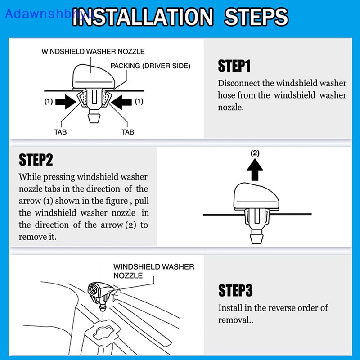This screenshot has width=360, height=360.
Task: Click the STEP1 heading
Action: (234, 66)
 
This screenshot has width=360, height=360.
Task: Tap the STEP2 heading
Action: (36, 160)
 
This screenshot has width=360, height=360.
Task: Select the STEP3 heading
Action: (235, 290)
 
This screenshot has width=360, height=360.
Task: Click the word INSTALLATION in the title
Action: (143, 17)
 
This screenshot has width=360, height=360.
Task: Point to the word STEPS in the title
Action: (256, 17)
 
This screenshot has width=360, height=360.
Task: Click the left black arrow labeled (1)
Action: (66, 102)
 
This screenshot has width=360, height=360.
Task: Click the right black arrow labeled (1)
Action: (121, 102)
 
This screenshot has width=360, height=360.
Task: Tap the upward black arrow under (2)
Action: (255, 170)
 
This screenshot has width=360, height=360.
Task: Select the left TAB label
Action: (60, 132)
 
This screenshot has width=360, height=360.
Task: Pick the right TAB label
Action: (128, 132)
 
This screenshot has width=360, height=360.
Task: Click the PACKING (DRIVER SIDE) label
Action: (150, 66)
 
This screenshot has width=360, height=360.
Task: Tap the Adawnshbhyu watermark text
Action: (49, 14)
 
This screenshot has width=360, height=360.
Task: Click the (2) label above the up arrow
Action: (255, 153)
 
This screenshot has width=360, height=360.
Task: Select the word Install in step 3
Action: (230, 308)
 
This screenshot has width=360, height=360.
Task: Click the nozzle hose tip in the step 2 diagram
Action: (256, 238)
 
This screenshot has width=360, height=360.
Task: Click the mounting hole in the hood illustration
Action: (104, 330)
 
